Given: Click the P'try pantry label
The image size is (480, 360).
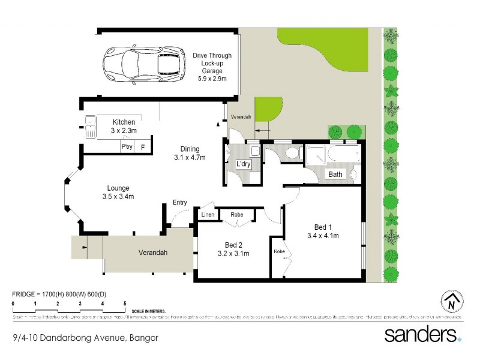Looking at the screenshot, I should (x=127, y=146).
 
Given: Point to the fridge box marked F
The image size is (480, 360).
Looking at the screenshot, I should (x=143, y=146).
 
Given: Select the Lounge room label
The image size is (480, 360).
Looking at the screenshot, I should (x=118, y=192).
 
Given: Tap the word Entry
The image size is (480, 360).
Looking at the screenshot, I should (x=179, y=203).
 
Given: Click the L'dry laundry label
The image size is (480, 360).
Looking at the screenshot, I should (x=243, y=164).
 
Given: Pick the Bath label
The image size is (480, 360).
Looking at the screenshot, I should (x=335, y=175).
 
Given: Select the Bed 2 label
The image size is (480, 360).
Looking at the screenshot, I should (x=233, y=249).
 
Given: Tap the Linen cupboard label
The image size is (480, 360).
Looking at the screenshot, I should (x=208, y=214).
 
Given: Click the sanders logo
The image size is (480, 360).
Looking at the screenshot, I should (x=423, y=334).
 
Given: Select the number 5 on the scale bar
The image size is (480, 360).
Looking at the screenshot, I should (x=125, y=304).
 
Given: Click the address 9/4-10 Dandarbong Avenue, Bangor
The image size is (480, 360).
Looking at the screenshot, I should (x=85, y=338).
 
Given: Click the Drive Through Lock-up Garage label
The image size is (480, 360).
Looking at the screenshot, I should (x=212, y=67).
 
